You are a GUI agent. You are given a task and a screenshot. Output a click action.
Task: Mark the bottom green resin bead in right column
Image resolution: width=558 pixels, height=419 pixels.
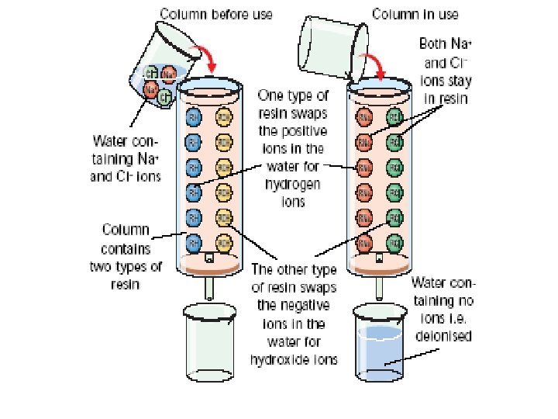tap(393, 243)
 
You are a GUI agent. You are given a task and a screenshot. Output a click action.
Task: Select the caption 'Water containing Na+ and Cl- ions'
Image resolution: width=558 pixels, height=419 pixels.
tap(126, 158)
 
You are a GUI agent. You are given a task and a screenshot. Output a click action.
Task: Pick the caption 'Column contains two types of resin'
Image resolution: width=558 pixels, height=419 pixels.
tap(127, 256)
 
